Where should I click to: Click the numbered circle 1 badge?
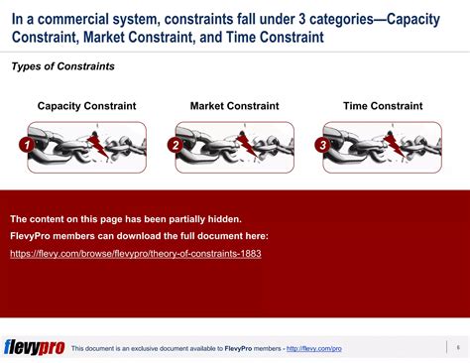point(26,146)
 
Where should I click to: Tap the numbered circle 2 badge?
point(174,146)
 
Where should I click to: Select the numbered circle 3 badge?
point(321,146)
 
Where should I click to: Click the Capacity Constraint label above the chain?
point(86,105)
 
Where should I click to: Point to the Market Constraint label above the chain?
point(234,105)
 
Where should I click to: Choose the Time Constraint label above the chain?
point(382,105)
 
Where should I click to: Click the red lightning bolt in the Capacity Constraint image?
point(98,147)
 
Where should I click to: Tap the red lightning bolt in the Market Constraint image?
point(246,147)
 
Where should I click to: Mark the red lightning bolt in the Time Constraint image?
point(394,147)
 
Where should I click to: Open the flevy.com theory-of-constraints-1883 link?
point(136,254)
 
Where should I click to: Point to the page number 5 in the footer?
point(457,346)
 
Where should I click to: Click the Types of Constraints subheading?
point(61,66)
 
